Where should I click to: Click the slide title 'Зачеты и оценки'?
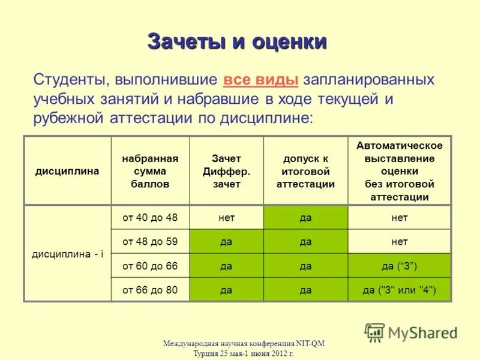237,43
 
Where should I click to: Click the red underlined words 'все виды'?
261,80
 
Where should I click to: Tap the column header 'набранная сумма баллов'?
150,171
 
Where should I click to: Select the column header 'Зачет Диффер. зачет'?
226,171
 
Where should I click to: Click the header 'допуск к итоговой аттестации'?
305,171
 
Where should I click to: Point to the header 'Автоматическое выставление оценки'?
399,171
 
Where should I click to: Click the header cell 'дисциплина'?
67,171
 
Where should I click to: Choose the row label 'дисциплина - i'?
67,254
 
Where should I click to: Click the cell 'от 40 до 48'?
150,218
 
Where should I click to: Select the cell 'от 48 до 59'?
150,242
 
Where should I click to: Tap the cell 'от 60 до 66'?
150,266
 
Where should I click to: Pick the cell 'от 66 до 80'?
150,290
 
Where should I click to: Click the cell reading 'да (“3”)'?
399,266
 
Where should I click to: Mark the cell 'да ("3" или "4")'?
399,290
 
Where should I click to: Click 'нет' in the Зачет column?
226,218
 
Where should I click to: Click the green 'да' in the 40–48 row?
305,218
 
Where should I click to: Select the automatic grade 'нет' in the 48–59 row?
399,242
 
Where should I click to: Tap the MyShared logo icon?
374,332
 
